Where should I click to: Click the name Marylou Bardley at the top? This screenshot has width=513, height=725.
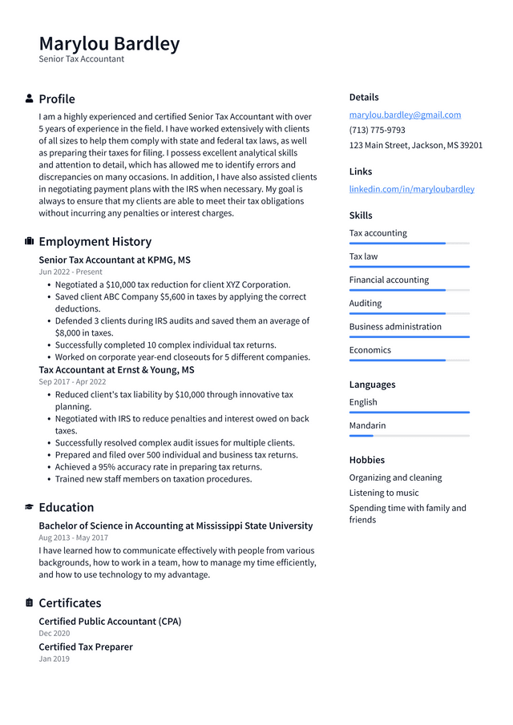point(109,43)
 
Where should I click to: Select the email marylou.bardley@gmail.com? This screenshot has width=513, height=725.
point(405,115)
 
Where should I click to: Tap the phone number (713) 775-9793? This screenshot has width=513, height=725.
point(377,130)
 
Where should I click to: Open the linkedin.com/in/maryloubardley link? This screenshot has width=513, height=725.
point(411,189)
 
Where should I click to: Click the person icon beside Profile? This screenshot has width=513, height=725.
point(30,99)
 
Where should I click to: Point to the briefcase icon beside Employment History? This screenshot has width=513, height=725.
point(30,241)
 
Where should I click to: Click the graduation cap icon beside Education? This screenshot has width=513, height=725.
point(30,507)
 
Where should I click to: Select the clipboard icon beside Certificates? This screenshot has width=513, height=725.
point(30,602)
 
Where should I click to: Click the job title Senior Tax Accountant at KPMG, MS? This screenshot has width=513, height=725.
point(115,260)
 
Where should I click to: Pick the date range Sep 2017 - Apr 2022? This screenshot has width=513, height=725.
point(72,382)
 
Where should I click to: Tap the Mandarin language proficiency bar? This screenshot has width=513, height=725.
point(409,436)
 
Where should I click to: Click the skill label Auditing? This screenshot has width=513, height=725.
point(366,303)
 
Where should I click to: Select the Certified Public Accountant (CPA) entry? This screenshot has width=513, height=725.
point(110,622)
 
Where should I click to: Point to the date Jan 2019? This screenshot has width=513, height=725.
point(55,659)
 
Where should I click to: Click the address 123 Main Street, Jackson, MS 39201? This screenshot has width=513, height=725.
point(415,145)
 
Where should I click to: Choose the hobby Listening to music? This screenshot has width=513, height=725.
point(383,493)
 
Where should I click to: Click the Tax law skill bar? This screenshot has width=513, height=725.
point(409,267)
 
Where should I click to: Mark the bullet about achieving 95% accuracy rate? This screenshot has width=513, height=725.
point(158,467)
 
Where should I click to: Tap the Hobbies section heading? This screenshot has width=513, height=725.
point(366,460)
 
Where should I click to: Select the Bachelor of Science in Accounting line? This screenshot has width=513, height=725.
point(176,526)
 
